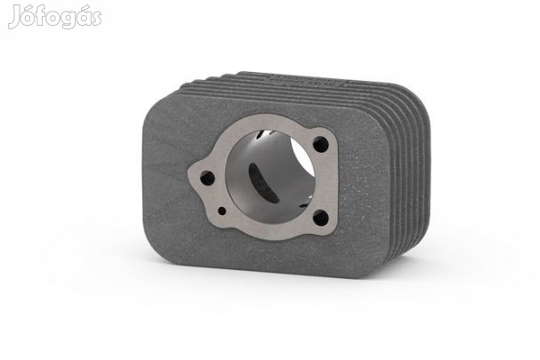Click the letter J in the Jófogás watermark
pyautogui.click(x=14, y=18)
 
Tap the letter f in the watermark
pyautogui.click(x=41, y=15)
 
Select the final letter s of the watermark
pyautogui.click(x=96, y=19)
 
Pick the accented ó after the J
pyautogui.click(x=28, y=16)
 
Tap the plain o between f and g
pyautogui.click(x=53, y=19)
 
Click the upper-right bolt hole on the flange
pyautogui.click(x=320, y=144)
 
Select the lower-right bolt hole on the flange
pyautogui.click(x=320, y=218)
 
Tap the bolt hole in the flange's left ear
pyautogui.click(x=207, y=178)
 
